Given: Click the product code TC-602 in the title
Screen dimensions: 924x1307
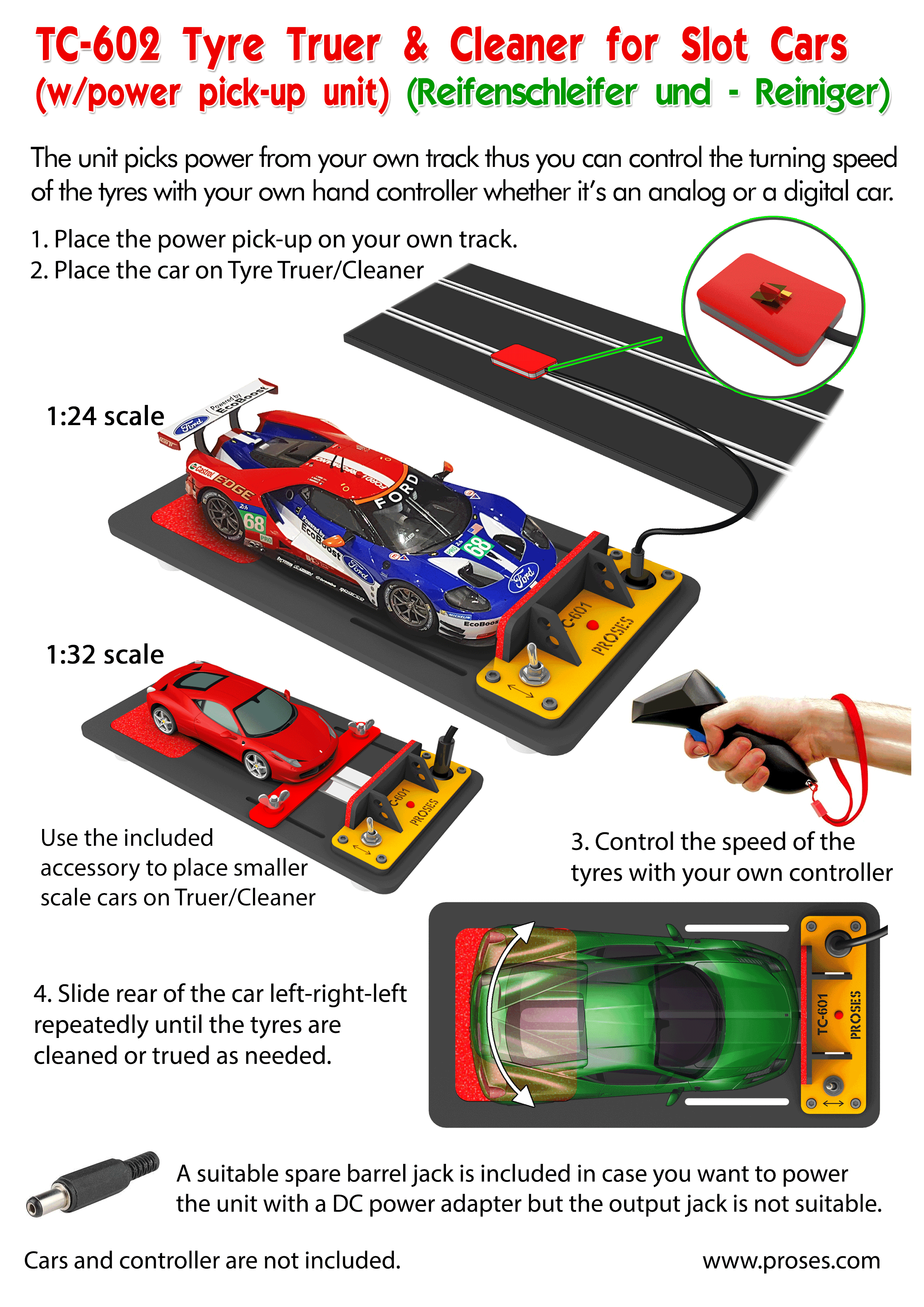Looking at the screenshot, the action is click(98, 45).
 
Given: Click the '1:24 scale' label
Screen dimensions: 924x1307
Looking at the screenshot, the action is click(105, 416).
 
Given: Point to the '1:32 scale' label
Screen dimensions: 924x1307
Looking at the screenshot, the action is click(105, 655).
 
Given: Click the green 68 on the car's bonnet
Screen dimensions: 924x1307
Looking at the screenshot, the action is click(478, 548).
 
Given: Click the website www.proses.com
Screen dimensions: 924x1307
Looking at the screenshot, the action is click(791, 1260).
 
